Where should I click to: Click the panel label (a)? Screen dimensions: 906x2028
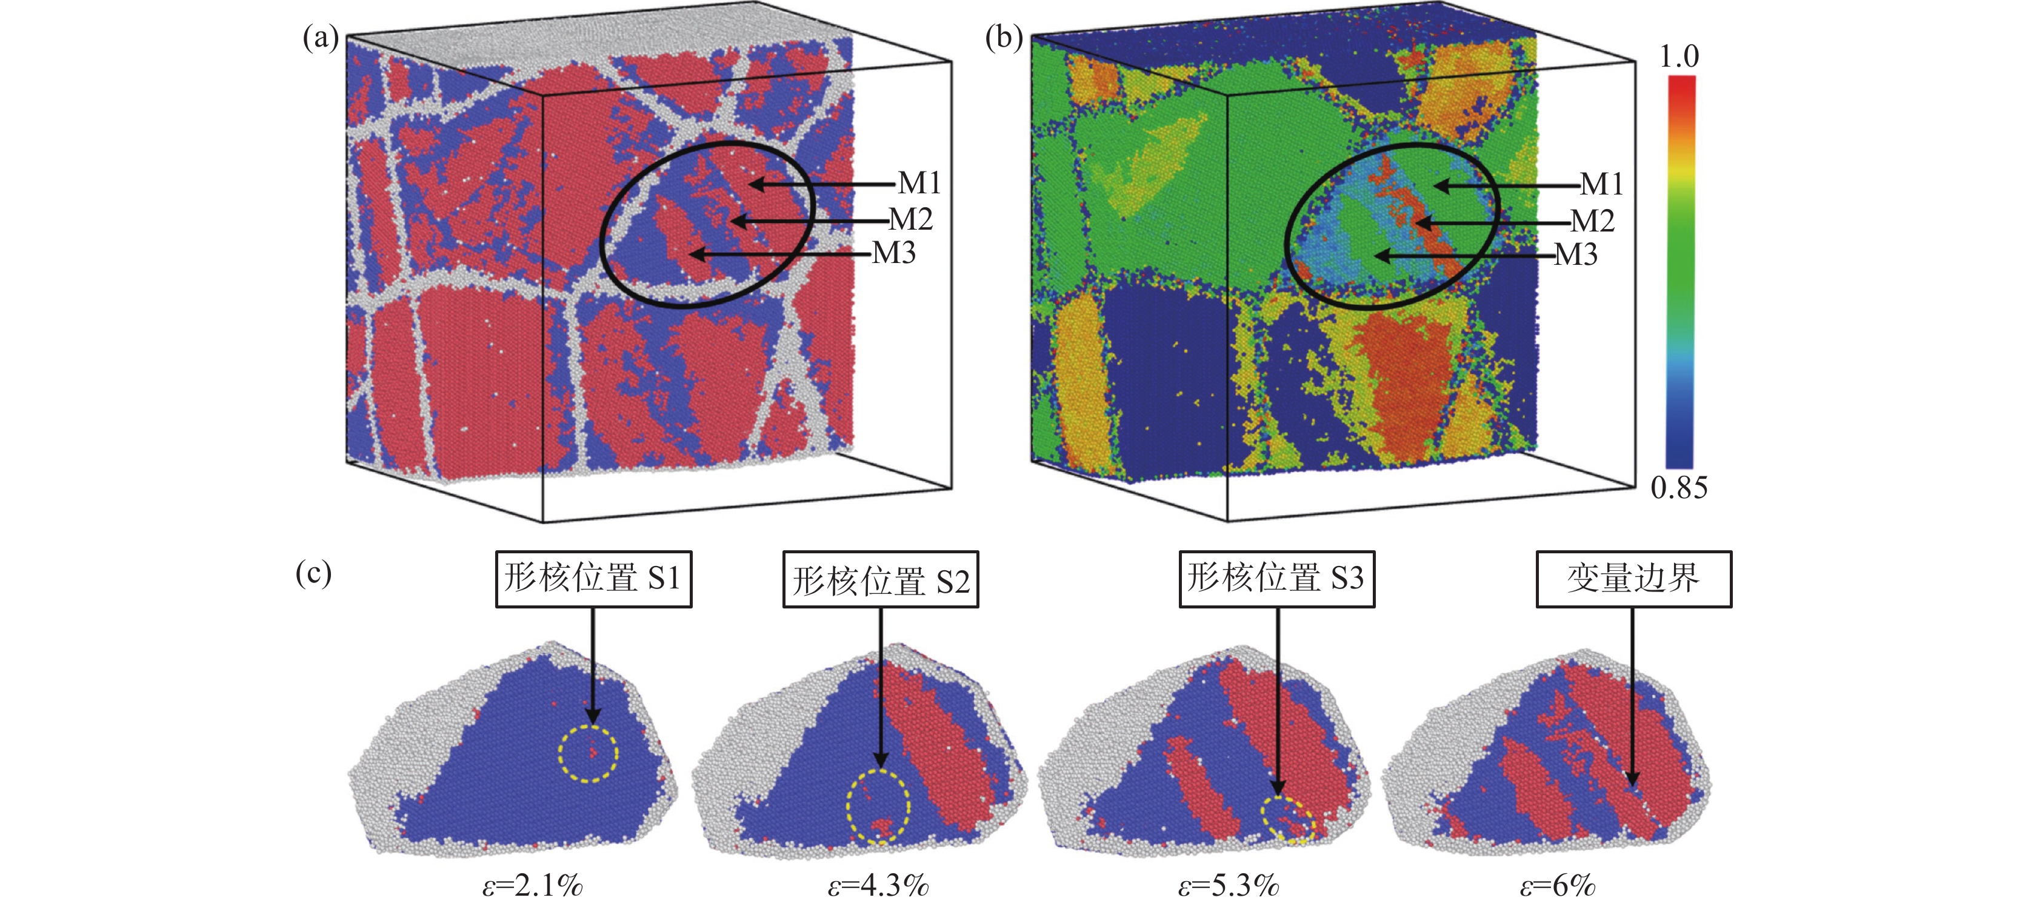tap(321, 37)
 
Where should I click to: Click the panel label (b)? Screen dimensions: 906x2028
tap(1004, 37)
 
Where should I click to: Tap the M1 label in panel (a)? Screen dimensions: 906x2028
tap(919, 184)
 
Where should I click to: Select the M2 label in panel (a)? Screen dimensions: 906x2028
tap(910, 219)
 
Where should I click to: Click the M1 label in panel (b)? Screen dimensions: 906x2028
tap(1601, 184)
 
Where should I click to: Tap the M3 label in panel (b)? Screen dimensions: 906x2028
tap(1575, 255)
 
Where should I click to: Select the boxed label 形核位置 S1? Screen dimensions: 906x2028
tap(593, 579)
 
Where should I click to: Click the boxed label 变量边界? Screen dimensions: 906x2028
tap(1633, 579)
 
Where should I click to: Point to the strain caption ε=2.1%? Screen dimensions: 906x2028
tap(532, 885)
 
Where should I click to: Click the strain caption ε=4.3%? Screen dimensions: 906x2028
tap(878, 885)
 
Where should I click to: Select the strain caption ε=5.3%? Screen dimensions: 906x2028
tap(1228, 885)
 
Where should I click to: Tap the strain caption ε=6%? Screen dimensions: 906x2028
tap(1556, 885)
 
